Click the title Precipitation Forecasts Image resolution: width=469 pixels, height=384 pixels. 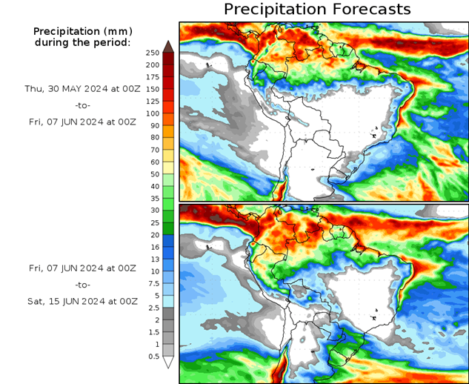316,10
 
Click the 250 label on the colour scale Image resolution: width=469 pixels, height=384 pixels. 153,53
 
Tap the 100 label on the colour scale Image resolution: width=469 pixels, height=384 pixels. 153,113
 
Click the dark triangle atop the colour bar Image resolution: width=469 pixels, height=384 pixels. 168,46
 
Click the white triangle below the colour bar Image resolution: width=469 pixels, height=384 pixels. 168,363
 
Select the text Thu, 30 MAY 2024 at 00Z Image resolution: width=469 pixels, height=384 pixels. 82,88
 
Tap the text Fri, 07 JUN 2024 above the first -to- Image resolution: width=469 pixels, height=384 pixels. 83,122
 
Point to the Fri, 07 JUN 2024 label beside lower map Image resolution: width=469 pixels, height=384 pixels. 83,267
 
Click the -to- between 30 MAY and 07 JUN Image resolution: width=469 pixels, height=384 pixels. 83,105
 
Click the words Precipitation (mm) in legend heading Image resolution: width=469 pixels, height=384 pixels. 82,32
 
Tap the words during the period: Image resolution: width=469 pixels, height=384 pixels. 82,42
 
